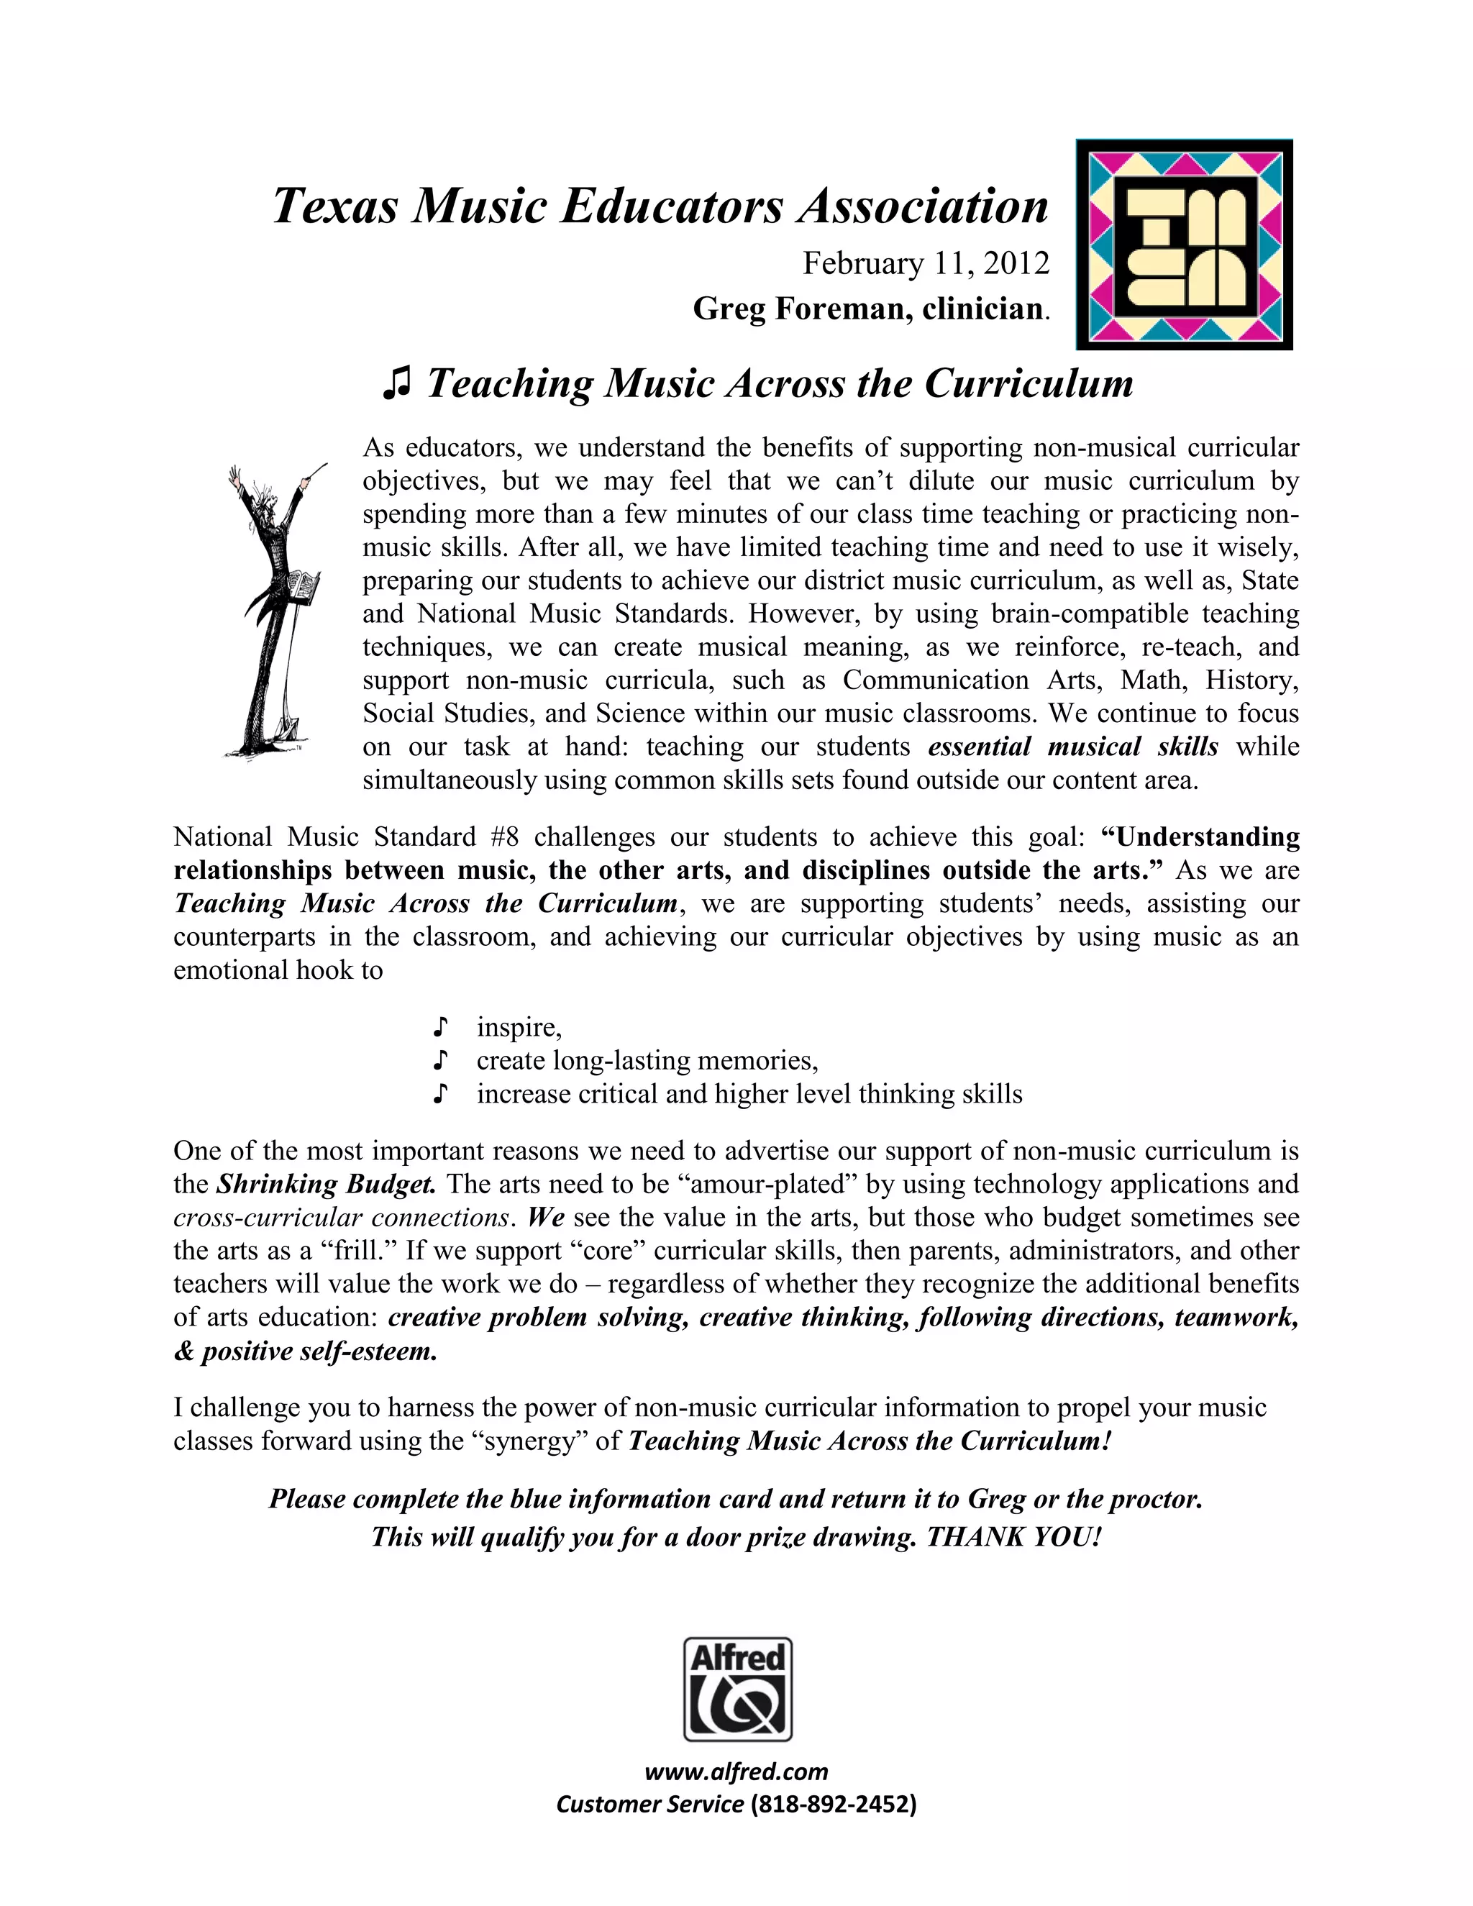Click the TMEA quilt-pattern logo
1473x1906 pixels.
pos(1183,245)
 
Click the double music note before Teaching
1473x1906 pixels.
pos(397,384)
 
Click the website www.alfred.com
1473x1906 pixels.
pos(736,1772)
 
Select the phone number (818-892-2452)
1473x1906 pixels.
pos(834,1805)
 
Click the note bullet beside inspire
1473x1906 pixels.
pos(442,1027)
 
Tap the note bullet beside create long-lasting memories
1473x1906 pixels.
pos(442,1060)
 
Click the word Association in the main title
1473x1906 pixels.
pos(924,207)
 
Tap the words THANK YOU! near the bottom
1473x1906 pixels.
pos(1014,1537)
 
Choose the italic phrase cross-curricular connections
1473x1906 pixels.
pos(341,1218)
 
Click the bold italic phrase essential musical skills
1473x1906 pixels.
pos(1072,747)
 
